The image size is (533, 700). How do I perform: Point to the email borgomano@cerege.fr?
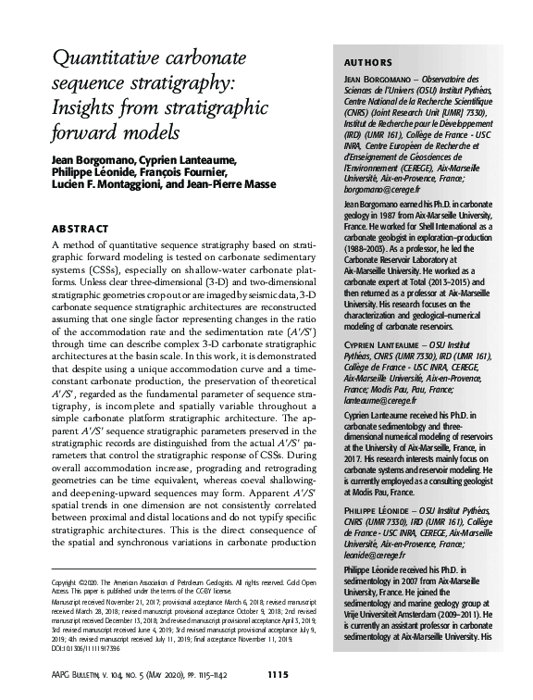(368, 188)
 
